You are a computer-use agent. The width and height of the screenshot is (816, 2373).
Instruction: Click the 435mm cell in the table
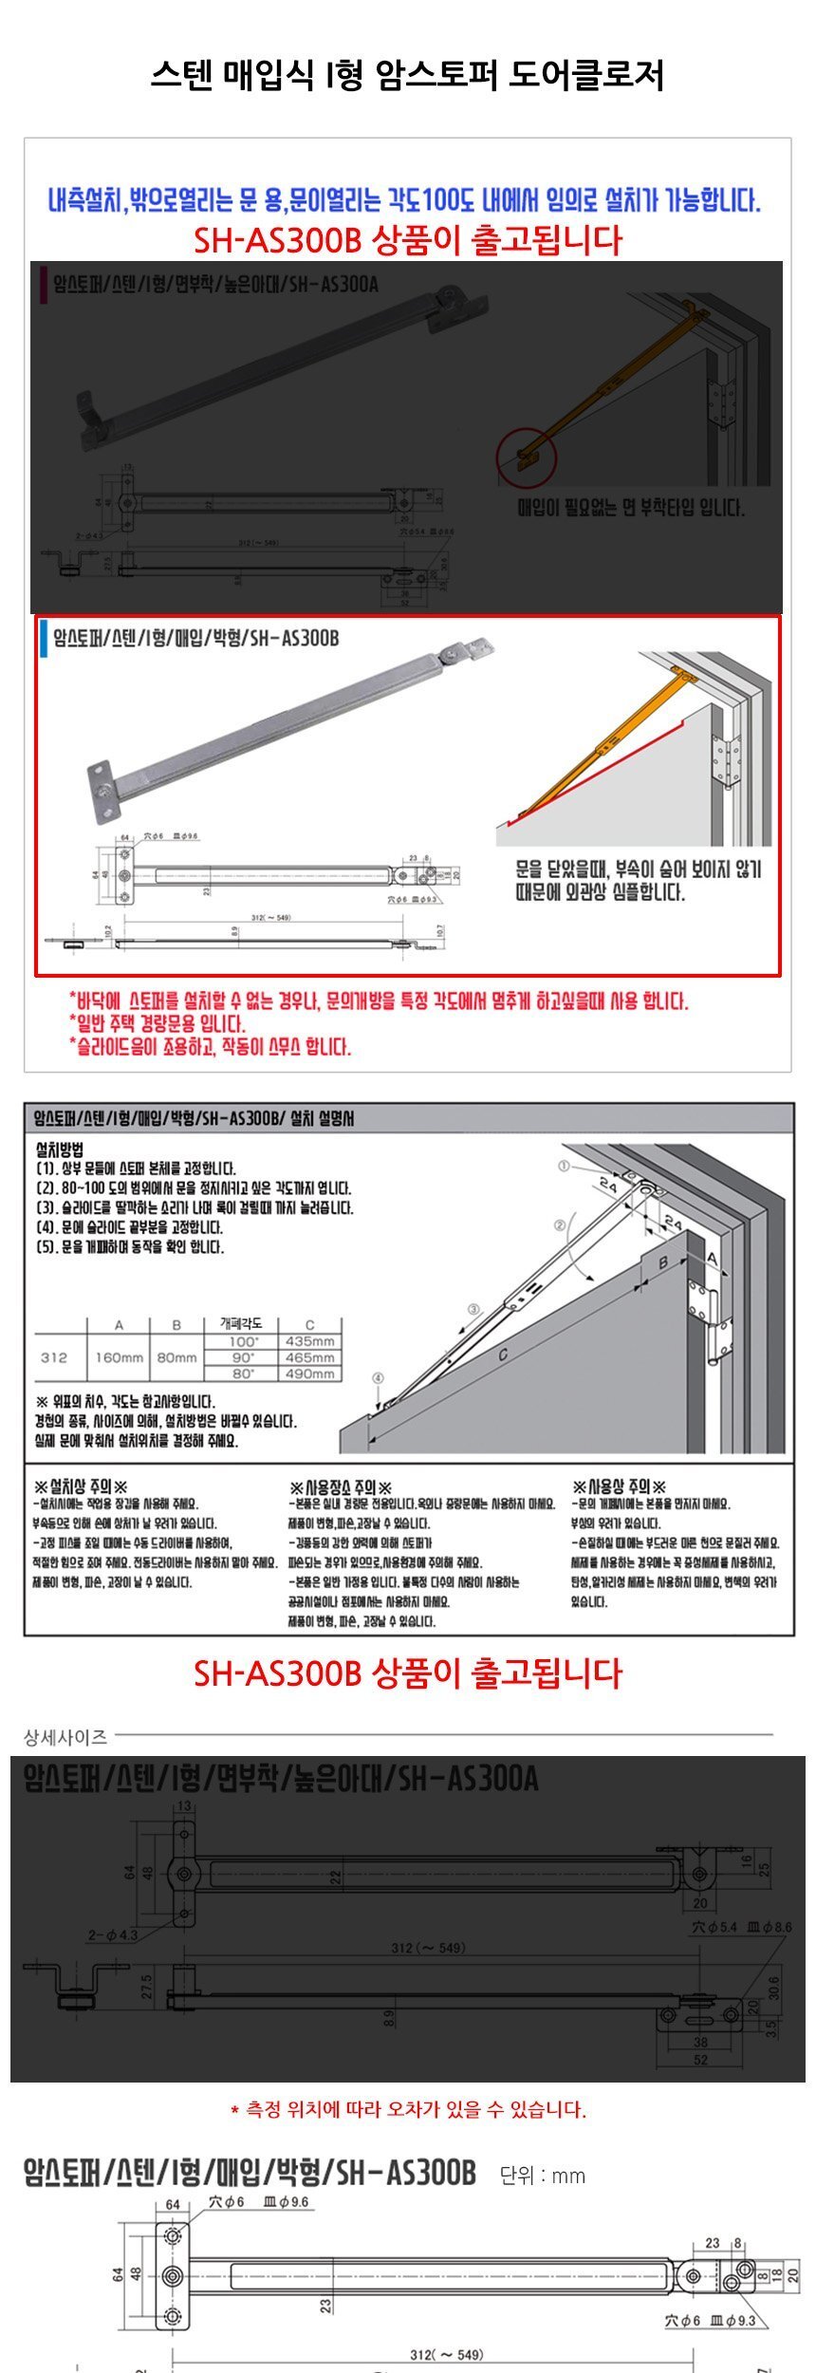309,1341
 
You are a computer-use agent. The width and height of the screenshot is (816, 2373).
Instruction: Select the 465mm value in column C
309,1357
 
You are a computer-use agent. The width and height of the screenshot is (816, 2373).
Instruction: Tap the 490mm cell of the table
309,1373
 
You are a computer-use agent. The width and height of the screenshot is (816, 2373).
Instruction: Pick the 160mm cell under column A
119,1357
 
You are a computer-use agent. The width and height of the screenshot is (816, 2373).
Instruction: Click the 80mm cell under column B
176,1357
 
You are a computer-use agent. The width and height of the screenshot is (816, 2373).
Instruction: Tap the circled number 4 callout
378,1377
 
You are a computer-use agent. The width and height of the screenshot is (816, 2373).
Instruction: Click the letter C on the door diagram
503,1355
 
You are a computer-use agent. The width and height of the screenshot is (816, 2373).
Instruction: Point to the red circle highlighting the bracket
523,457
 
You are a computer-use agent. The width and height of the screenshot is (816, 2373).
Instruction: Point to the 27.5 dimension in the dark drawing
147,1987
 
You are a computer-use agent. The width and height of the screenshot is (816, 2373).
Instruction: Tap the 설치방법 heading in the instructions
59,1149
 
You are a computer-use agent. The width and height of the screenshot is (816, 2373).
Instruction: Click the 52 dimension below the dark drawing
700,2060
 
